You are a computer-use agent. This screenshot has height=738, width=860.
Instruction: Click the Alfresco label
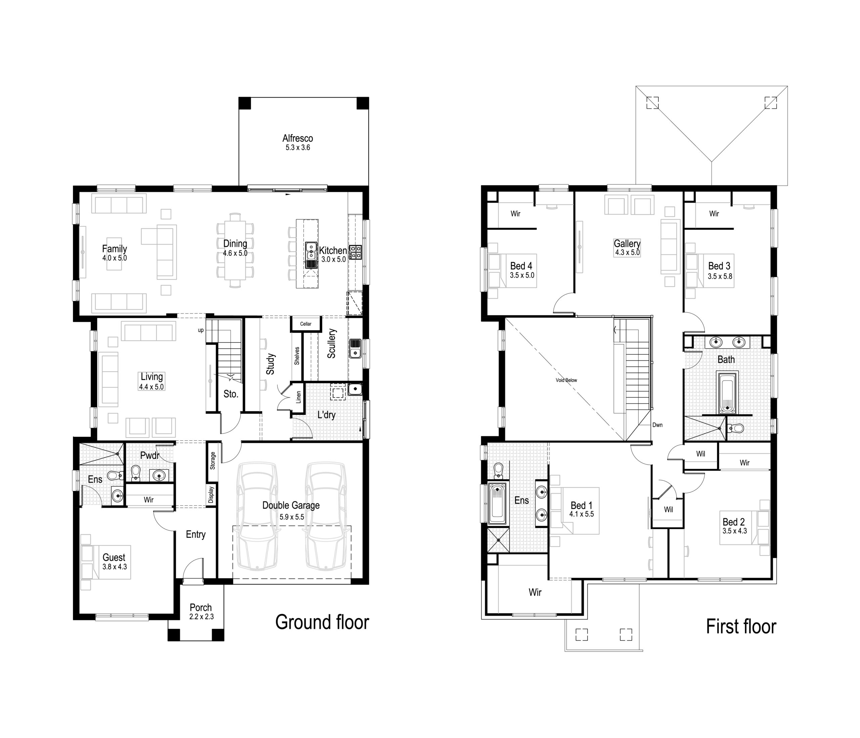(298, 138)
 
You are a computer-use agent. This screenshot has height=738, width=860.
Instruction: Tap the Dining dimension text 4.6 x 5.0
(235, 253)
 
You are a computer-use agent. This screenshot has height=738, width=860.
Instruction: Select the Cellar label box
(306, 324)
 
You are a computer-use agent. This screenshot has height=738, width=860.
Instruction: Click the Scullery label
(331, 343)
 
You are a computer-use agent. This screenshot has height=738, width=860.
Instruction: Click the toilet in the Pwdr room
(136, 472)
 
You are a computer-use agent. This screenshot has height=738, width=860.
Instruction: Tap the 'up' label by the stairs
(201, 330)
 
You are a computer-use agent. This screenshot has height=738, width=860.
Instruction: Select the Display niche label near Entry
(211, 495)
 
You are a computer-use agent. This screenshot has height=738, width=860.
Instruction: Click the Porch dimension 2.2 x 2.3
(201, 617)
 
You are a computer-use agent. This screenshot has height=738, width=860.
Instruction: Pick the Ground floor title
(322, 622)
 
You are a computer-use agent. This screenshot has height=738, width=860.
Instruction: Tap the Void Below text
(566, 380)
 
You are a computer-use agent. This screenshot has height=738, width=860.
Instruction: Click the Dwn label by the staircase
(657, 425)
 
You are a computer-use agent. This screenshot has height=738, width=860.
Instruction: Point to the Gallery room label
(627, 243)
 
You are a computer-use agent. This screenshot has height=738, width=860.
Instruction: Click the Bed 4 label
(521, 266)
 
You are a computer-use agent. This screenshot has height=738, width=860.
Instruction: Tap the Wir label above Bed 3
(714, 214)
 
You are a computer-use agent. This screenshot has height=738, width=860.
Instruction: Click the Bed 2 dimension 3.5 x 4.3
(735, 531)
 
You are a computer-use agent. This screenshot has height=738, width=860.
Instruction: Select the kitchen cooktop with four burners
(355, 252)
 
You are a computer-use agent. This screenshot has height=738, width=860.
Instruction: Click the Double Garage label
(291, 505)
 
